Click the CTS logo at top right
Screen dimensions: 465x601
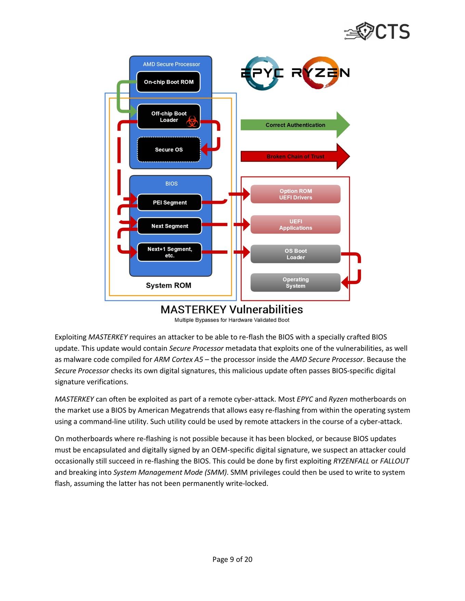coord(377,31)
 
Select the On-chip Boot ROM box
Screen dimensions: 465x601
coord(168,82)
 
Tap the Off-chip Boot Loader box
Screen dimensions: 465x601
coord(169,117)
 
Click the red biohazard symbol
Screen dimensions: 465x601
coord(192,122)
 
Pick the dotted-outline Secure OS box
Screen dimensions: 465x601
coord(169,150)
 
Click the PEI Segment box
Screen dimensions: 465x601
coord(170,202)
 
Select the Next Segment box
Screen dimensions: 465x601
coord(170,226)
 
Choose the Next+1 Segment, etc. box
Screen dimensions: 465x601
coord(170,252)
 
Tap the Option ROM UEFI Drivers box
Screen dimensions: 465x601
coord(295,194)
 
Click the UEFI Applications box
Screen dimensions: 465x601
coord(295,225)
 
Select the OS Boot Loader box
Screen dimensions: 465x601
coord(295,254)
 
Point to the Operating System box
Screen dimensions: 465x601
coord(295,283)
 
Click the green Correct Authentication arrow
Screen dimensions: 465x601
coord(295,125)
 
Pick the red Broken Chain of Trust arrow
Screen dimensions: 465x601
coord(295,156)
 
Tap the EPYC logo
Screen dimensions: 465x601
coord(262,73)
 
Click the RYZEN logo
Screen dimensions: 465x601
coord(321,73)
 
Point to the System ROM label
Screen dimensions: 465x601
coord(169,285)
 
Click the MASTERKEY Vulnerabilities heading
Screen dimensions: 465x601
coord(232,309)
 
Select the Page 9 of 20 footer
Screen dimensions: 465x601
coord(232,559)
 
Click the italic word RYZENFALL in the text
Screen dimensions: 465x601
coord(351,461)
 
